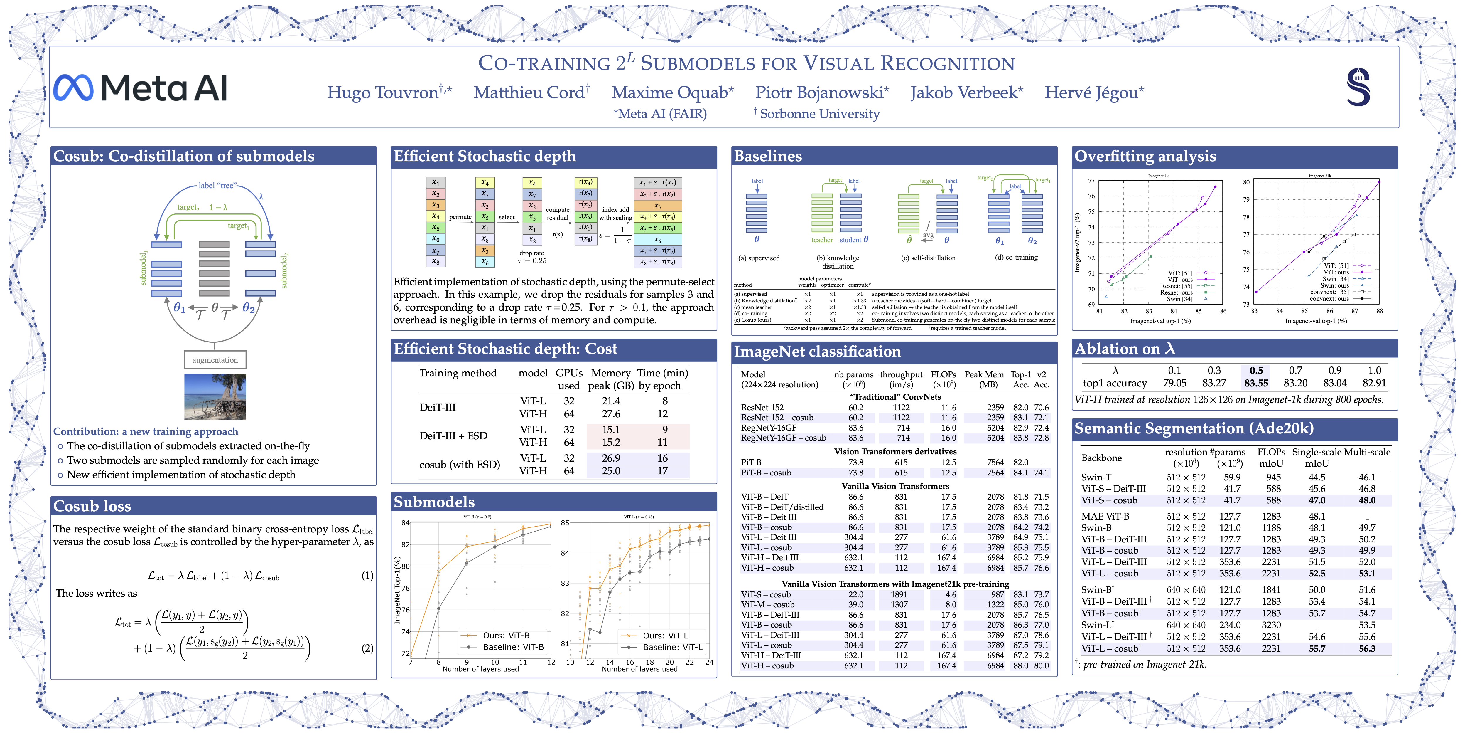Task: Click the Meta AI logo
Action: pyautogui.click(x=141, y=88)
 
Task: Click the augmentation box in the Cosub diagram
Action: pyautogui.click(x=215, y=360)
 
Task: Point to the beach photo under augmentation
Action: pyautogui.click(x=215, y=397)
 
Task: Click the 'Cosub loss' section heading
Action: pyautogui.click(x=92, y=506)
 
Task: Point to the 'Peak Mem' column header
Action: pyautogui.click(x=984, y=374)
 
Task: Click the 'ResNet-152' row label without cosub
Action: pyautogui.click(x=762, y=408)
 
